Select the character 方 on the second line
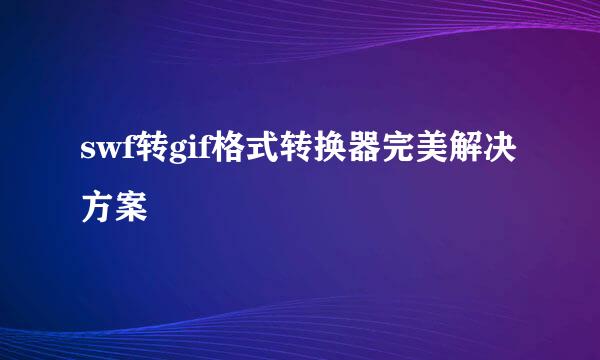coord(97,209)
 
